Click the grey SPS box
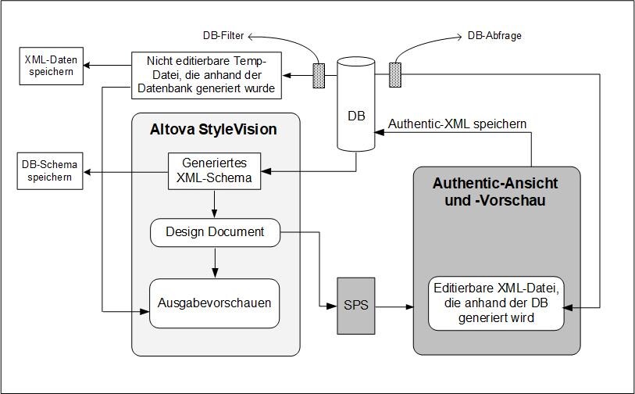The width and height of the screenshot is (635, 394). pyautogui.click(x=355, y=306)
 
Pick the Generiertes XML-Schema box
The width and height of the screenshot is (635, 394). pyautogui.click(x=215, y=171)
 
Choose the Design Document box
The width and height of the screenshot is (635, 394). pyautogui.click(x=215, y=232)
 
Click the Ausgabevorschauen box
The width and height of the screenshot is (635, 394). pyautogui.click(x=215, y=303)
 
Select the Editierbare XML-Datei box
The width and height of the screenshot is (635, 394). pyautogui.click(x=496, y=303)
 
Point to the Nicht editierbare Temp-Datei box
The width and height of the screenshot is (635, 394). pyautogui.click(x=205, y=75)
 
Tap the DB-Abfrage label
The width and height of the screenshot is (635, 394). pyautogui.click(x=494, y=35)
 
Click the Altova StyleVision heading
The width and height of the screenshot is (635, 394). pyautogui.click(x=212, y=129)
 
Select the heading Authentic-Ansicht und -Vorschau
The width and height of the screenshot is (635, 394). pyautogui.click(x=495, y=192)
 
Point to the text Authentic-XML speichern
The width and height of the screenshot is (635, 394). pyautogui.click(x=457, y=124)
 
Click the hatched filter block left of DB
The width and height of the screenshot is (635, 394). pyautogui.click(x=319, y=75)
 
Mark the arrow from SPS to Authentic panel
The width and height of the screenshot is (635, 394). pyautogui.click(x=394, y=307)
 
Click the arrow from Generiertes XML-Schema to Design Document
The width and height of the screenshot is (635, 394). pyautogui.click(x=215, y=203)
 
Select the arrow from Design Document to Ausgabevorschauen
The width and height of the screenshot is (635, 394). pyautogui.click(x=215, y=263)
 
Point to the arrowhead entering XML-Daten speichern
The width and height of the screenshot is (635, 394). pyautogui.click(x=88, y=65)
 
